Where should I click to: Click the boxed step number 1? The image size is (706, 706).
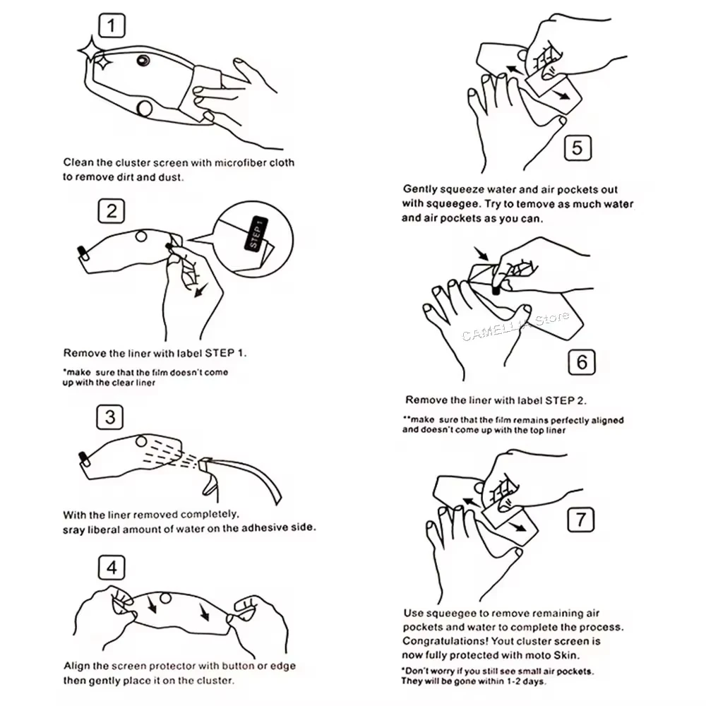112,25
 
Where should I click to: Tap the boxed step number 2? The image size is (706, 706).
112,210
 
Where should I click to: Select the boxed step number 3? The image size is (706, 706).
110,417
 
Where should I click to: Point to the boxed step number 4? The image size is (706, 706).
112,568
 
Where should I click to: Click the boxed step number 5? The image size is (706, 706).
578,148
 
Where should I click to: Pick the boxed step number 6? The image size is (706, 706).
582,362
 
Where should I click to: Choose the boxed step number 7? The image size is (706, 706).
580,520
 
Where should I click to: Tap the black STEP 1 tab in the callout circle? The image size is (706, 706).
256,234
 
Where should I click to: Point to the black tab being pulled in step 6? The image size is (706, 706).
496,290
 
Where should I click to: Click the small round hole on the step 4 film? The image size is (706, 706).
165,599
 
